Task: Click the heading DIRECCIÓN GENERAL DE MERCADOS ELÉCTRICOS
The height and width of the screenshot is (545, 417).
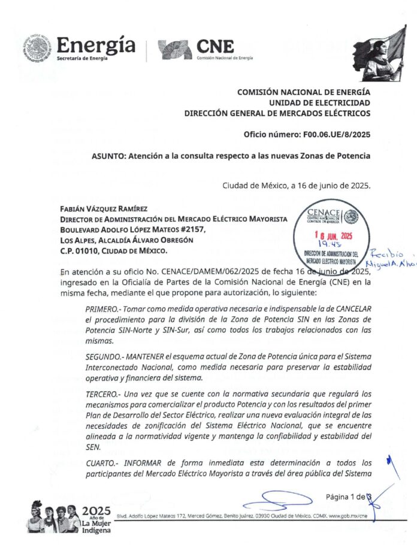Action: click(x=277, y=113)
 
